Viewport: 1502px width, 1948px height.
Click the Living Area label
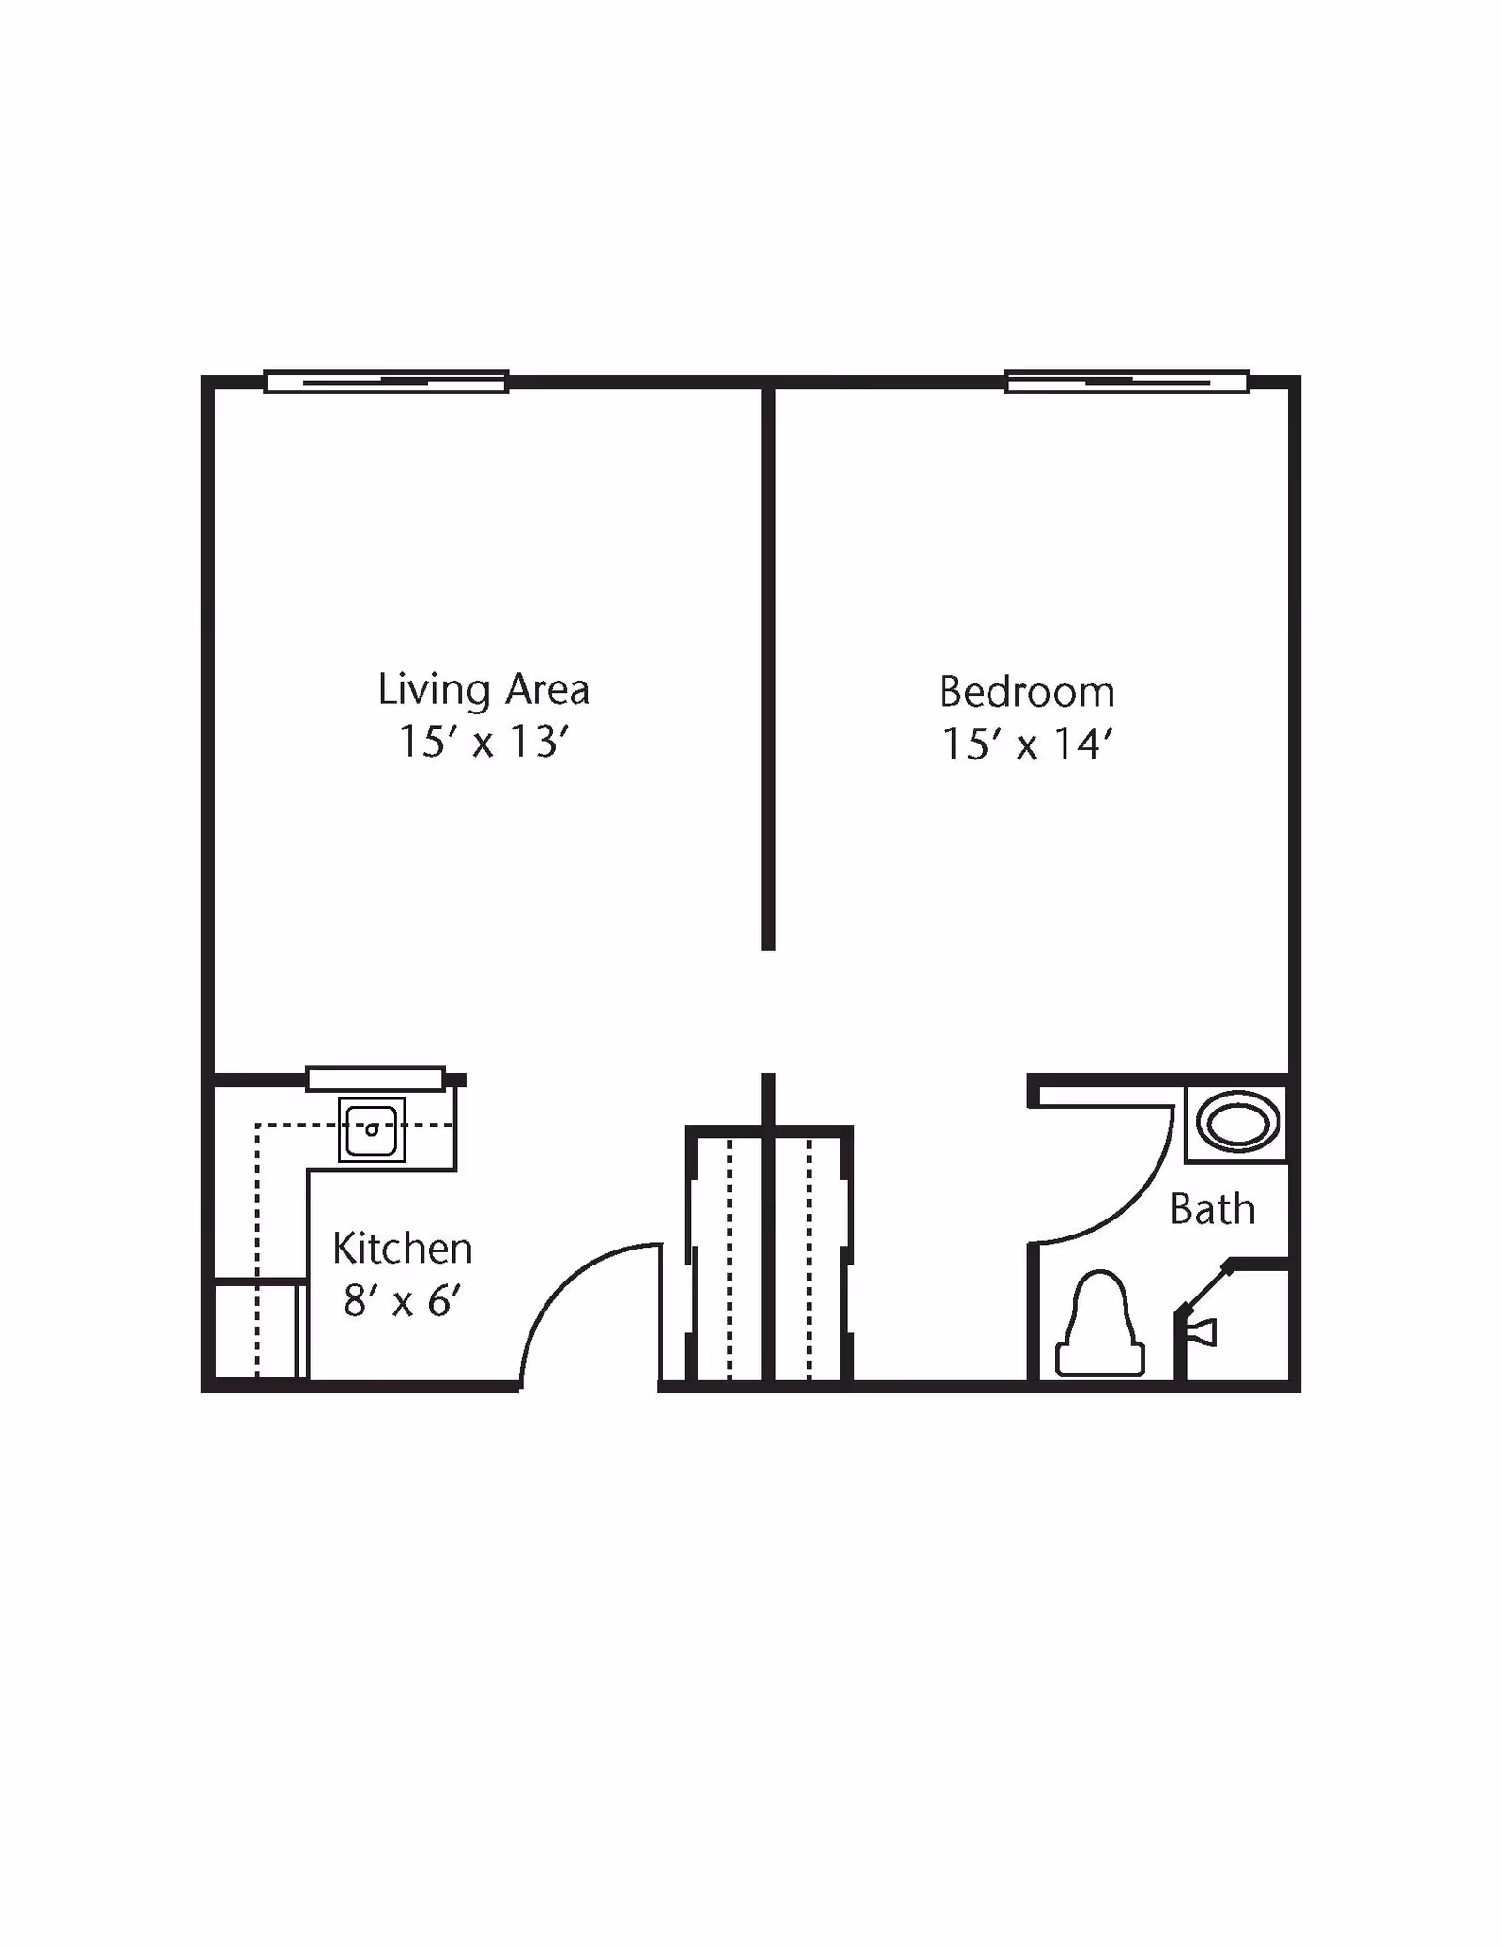pos(483,690)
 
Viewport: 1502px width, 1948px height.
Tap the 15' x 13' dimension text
pos(483,742)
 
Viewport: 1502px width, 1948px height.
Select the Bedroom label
pos(1027,693)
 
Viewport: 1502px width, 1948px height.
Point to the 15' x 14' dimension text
pos(1027,744)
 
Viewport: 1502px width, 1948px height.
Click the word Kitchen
pos(402,1249)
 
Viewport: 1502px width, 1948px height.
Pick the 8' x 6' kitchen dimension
pos(402,1301)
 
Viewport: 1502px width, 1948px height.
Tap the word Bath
pos(1212,1209)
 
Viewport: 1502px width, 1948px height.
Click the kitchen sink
pos(372,1129)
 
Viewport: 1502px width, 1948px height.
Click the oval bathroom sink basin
pos(1237,1124)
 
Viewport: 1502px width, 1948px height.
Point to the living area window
pos(386,381)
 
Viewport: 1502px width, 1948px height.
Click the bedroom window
pos(1126,381)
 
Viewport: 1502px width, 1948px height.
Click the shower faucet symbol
pos(1204,1332)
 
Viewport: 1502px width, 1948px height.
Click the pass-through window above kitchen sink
pos(375,1078)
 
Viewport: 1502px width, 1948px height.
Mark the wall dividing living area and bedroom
pos(769,667)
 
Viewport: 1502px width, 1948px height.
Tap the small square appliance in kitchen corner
pos(255,1329)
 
